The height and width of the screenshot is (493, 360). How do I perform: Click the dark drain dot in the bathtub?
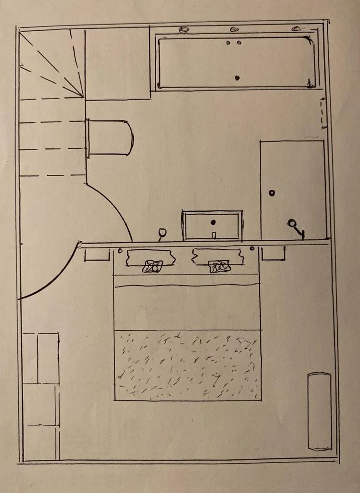[x=237, y=78]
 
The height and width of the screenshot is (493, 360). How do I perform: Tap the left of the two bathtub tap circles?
[x=228, y=43]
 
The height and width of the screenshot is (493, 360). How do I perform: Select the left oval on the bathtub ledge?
[x=184, y=30]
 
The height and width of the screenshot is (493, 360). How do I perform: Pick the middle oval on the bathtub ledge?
[x=235, y=29]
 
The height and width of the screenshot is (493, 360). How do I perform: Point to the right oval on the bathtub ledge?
[x=296, y=29]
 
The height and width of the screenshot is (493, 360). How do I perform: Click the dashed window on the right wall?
[x=323, y=113]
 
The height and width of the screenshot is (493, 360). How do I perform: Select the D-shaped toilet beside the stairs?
[x=110, y=138]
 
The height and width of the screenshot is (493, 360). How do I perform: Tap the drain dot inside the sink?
[x=213, y=222]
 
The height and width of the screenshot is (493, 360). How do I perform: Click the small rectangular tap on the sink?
[x=213, y=235]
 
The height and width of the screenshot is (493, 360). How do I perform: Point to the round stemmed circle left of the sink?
[x=162, y=233]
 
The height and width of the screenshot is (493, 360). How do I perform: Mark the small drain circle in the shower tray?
[x=272, y=193]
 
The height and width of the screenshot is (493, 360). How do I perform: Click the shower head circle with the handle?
[x=292, y=223]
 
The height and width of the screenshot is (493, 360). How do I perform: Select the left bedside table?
[x=97, y=254]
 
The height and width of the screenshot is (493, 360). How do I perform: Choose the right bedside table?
[x=273, y=253]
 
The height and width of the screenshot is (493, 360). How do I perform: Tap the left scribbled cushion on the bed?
[x=153, y=266]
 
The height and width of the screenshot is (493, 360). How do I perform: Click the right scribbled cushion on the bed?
[x=219, y=266]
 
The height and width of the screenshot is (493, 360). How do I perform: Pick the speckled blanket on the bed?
[x=187, y=365]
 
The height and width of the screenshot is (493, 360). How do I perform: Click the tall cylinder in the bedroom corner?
[x=320, y=411]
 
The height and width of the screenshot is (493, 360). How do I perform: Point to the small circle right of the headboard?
[x=252, y=248]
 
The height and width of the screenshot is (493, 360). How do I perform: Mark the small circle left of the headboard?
[x=120, y=250]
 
